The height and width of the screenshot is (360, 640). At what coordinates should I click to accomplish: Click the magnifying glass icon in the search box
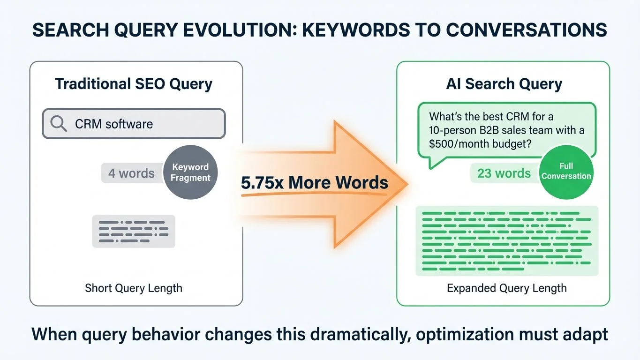tap(59, 124)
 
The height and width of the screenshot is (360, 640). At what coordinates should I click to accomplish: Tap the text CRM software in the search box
tap(114, 124)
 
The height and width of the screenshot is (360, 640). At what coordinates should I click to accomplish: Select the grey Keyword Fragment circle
tap(190, 172)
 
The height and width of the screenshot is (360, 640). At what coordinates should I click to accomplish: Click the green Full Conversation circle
tap(566, 171)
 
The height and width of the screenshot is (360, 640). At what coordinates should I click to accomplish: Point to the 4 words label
tap(131, 173)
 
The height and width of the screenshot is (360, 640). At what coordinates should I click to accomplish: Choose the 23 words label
tap(504, 173)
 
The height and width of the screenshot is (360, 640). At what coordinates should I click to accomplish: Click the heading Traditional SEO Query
tap(134, 84)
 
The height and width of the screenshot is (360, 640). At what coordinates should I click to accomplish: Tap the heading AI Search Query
tap(504, 84)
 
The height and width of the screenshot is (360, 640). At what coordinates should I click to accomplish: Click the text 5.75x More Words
tap(314, 182)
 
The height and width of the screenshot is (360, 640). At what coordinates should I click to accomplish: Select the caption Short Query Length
tap(134, 288)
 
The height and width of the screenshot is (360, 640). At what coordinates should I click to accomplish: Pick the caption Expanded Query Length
tap(506, 288)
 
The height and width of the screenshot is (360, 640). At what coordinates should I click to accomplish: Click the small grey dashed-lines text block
tap(134, 231)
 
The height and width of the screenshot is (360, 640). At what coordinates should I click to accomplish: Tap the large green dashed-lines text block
tap(507, 241)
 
